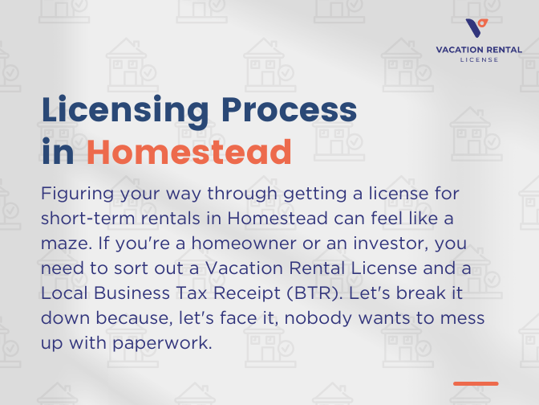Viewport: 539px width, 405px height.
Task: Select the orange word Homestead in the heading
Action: (x=188, y=151)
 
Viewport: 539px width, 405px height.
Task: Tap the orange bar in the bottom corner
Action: (x=476, y=383)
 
